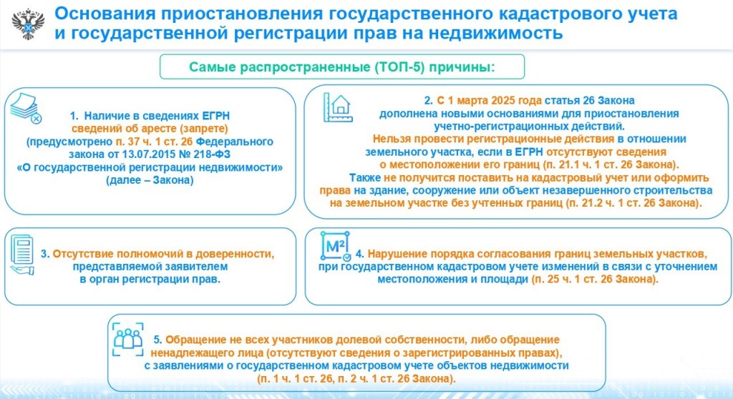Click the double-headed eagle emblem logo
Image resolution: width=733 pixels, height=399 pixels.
(x=28, y=24)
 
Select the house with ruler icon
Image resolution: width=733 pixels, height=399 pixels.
(x=338, y=107)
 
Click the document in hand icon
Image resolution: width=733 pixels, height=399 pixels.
(x=22, y=255)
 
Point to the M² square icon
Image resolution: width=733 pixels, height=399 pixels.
(x=335, y=246)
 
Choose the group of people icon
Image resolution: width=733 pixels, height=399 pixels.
(x=127, y=339)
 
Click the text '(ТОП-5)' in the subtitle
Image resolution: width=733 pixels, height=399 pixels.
(x=399, y=67)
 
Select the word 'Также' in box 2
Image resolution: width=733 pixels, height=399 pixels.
(x=365, y=177)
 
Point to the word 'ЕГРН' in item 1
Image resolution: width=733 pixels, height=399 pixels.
(x=216, y=116)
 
